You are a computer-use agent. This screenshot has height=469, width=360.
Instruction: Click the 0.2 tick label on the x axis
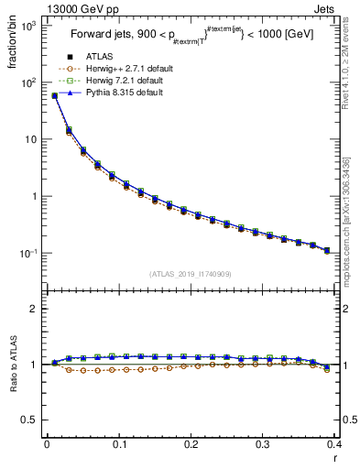click(190, 444)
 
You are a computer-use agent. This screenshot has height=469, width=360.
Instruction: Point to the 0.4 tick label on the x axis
click(334, 444)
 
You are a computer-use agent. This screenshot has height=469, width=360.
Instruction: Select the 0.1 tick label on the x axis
click(118, 444)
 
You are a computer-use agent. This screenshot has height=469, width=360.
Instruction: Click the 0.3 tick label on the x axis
click(262, 444)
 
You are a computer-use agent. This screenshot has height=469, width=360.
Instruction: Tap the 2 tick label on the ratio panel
click(35, 309)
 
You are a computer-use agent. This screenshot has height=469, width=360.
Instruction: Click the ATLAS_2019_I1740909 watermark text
click(189, 273)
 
